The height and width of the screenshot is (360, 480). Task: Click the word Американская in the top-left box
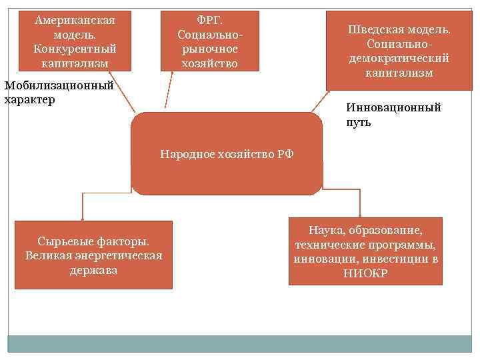[x=75, y=20]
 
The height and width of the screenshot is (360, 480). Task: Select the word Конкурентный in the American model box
[x=75, y=49]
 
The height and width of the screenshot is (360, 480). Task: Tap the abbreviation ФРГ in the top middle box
[x=209, y=20]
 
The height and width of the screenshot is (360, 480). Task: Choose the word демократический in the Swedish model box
[x=399, y=58]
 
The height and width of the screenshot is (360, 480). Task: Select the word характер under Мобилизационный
[x=29, y=99]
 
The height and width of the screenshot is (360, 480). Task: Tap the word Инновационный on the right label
[x=393, y=107]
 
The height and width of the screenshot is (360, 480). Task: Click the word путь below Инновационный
[x=359, y=123]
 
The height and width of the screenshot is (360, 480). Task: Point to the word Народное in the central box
[x=185, y=154]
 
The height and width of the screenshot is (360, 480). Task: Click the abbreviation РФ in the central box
[x=284, y=154]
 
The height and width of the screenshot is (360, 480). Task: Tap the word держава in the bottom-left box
[x=93, y=270]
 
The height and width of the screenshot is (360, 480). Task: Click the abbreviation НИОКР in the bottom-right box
[x=365, y=273]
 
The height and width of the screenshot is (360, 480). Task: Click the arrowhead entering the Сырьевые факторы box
[x=82, y=217]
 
